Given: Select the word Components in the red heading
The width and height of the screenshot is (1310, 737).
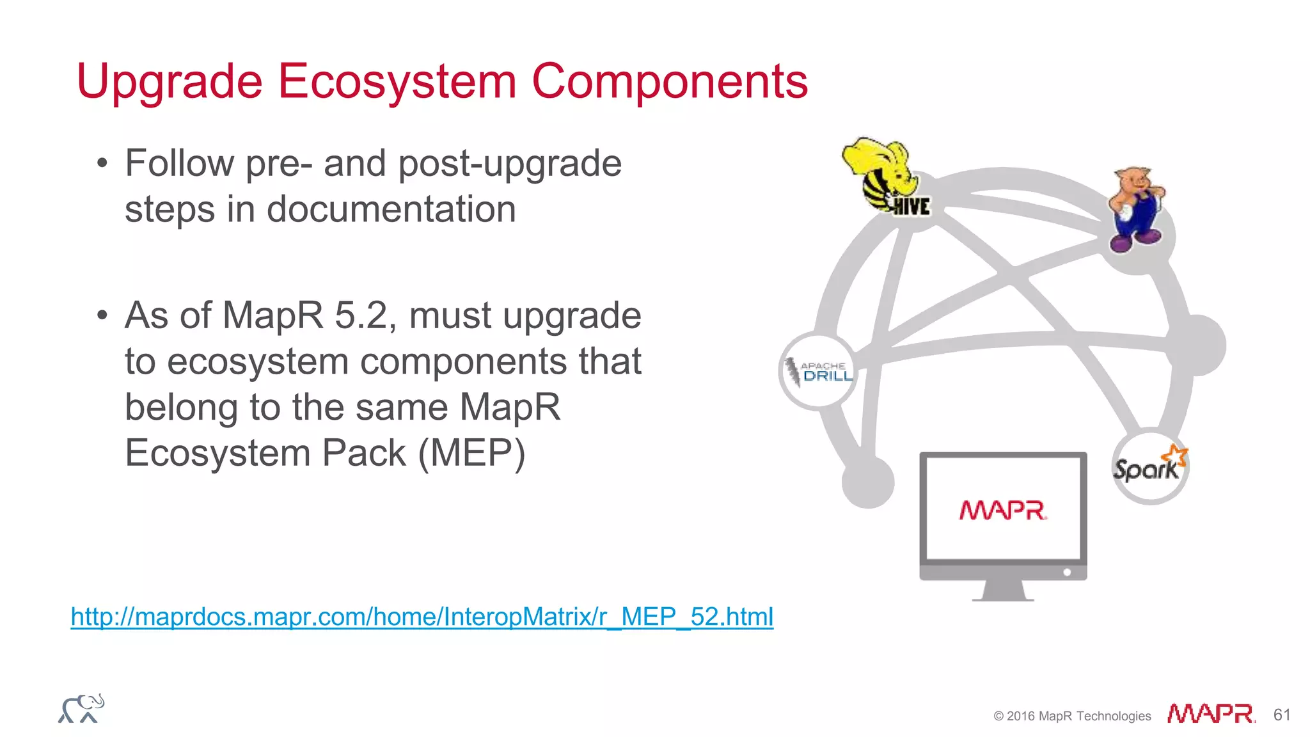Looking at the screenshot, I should pos(670,82).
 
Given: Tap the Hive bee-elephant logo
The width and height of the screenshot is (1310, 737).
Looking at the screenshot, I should pos(886,176).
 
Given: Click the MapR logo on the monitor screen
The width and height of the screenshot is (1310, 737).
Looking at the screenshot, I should pos(1002,511).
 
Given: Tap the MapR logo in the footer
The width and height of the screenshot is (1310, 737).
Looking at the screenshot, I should pos(1211,713).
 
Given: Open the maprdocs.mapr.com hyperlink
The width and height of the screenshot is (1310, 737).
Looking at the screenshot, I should pos(422,617).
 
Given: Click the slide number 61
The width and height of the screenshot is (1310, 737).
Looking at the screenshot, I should pos(1281,715).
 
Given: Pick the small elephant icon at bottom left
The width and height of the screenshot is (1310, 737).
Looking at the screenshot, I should pos(81,708).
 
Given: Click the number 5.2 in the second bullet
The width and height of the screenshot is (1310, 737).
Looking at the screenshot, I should pos(361,315).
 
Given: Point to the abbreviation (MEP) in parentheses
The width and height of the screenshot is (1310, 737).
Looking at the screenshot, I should pos(471,454).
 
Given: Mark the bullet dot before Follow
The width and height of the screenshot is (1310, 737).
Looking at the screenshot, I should pos(102,164).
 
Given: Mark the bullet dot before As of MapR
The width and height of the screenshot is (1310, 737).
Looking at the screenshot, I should pos(102,316).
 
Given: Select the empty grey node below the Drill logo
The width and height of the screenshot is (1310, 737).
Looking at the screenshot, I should pos(868,481).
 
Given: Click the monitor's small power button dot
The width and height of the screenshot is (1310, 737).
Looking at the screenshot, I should pos(1067,573).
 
